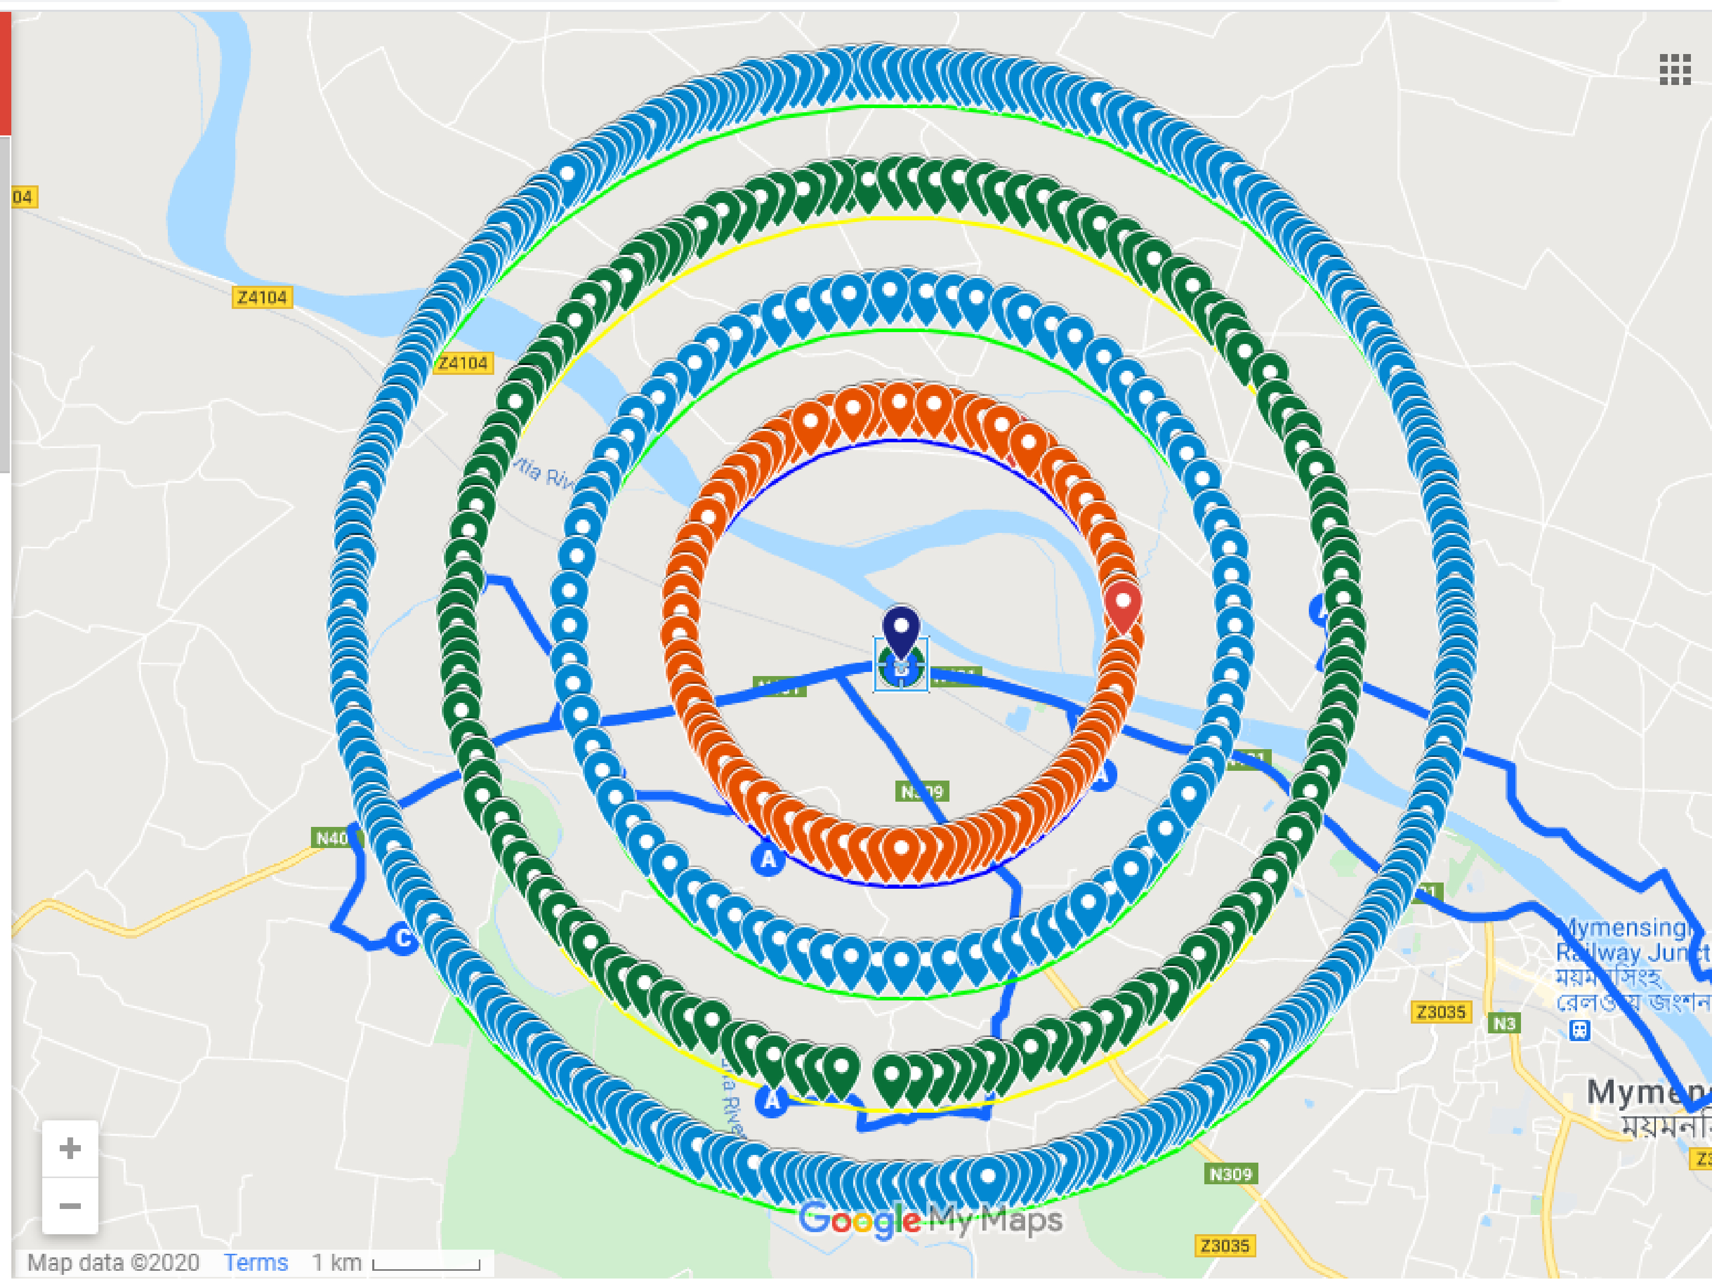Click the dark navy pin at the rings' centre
[x=901, y=629]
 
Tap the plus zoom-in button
[x=70, y=1148]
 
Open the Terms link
[x=255, y=1263]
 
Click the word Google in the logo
[x=859, y=1221]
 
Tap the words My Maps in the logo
[x=996, y=1220]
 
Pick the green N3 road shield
[x=1504, y=1024]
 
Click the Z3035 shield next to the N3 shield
[x=1440, y=1011]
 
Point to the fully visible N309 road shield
[x=1231, y=1174]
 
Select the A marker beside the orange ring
[x=768, y=859]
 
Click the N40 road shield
[x=333, y=838]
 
